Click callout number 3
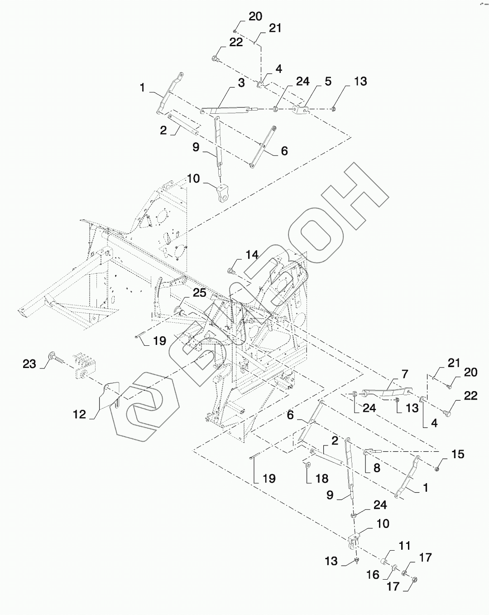pos(241,83)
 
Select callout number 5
pos(328,82)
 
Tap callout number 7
pos(404,374)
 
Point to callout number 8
pos(376,469)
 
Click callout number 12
pos(80,414)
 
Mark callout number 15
pos(458,454)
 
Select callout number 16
pos(373,574)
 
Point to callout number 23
pos(29,364)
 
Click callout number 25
pos(199,293)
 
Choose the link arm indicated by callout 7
pos(387,390)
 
